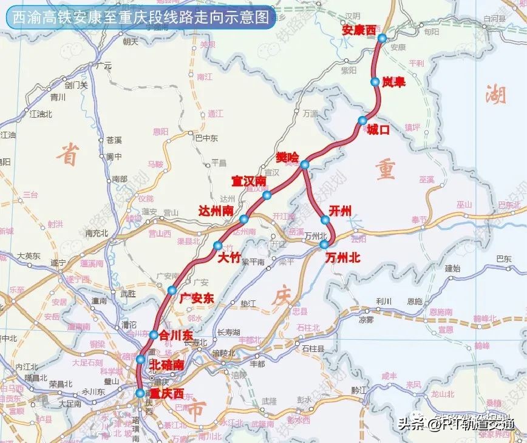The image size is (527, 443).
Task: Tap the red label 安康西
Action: pyautogui.click(x=359, y=30)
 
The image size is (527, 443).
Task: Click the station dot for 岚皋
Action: pyautogui.click(x=375, y=81)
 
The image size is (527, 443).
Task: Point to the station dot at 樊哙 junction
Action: pyautogui.click(x=304, y=164)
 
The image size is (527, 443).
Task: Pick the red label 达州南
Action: pyautogui.click(x=217, y=210)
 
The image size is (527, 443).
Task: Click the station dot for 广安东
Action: pyautogui.click(x=172, y=290)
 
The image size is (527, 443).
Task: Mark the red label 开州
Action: pyautogui.click(x=340, y=210)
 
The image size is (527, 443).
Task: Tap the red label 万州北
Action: pyautogui.click(x=342, y=257)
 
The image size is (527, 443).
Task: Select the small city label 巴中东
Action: pyautogui.click(x=206, y=138)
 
